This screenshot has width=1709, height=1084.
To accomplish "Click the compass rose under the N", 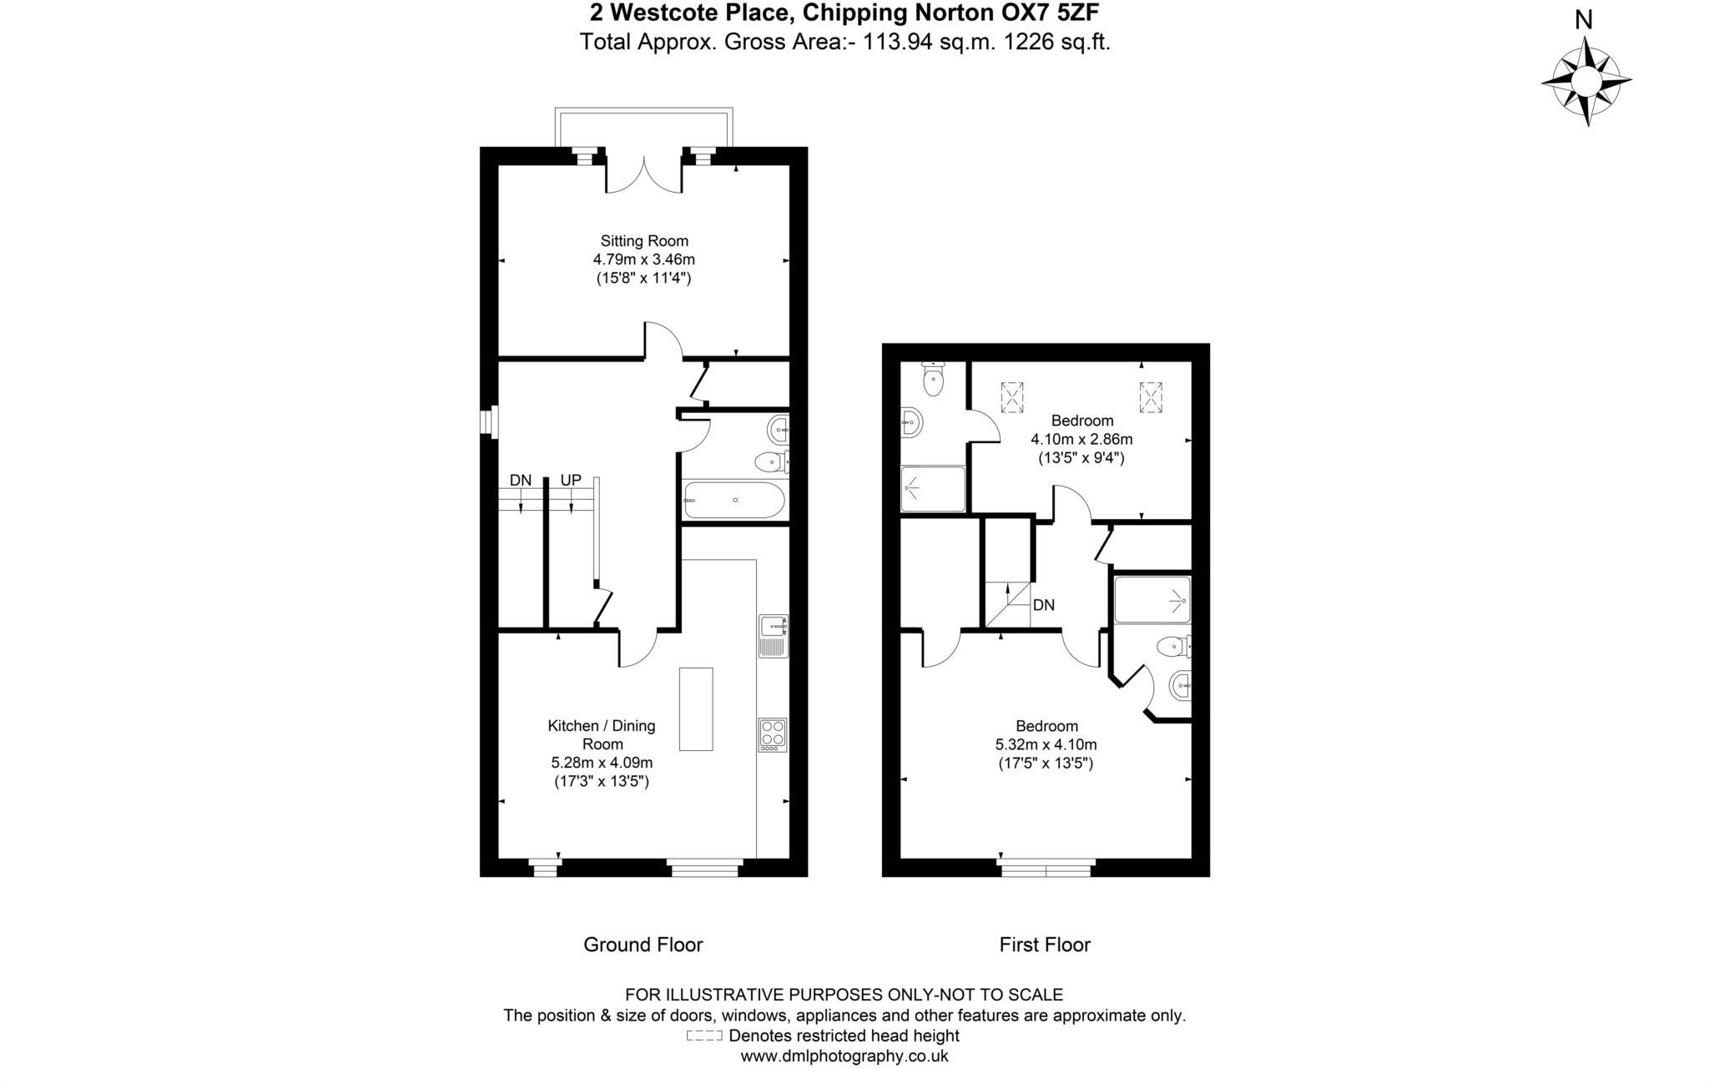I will click(x=1585, y=82).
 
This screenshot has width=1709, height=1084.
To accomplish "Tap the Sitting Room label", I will click(x=644, y=241).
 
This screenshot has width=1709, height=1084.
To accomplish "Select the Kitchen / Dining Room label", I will click(x=601, y=734).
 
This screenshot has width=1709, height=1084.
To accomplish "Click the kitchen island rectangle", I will click(x=695, y=708).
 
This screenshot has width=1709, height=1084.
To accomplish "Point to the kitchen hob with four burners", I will click(x=772, y=734).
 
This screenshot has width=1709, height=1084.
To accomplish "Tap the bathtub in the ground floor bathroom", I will click(x=734, y=500).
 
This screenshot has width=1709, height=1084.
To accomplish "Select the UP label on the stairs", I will click(x=571, y=481).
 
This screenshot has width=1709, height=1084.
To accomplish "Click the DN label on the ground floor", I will click(x=520, y=481).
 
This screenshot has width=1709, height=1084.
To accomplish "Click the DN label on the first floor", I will click(x=1043, y=605).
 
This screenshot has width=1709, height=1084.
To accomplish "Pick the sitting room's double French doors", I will click(x=643, y=174).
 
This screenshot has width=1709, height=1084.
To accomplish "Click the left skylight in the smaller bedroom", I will click(x=1012, y=396).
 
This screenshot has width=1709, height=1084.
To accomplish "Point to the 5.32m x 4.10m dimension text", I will click(x=1046, y=744).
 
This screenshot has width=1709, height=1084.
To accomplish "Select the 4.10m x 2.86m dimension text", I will click(x=1081, y=439).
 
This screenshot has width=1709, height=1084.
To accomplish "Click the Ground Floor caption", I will click(x=643, y=945).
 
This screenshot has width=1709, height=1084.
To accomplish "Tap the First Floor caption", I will click(x=1045, y=945).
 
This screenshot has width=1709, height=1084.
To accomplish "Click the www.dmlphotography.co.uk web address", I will click(x=844, y=1056).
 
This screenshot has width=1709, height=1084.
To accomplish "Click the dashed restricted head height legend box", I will click(x=703, y=1036).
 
